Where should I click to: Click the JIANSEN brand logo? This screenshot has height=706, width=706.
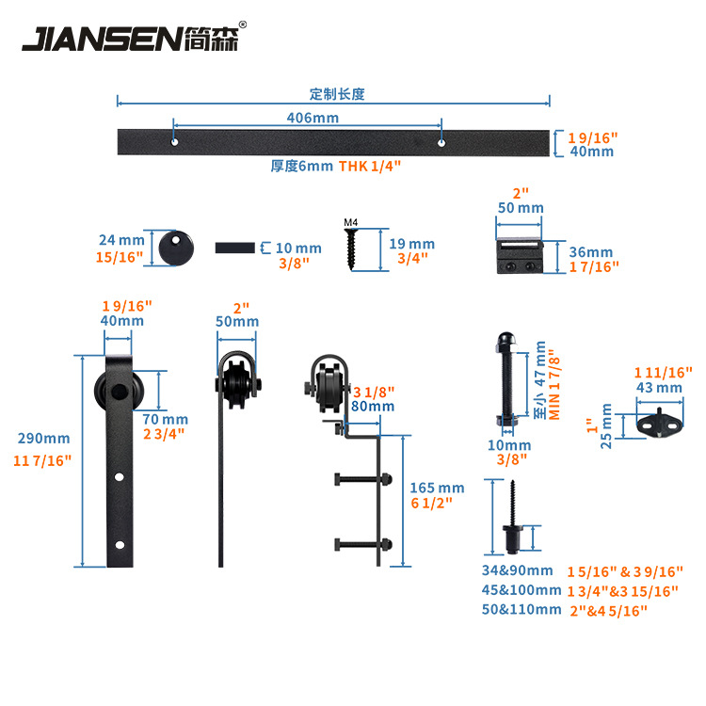134,37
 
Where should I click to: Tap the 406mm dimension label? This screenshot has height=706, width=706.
313,118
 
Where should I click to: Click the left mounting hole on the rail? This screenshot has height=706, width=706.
175,142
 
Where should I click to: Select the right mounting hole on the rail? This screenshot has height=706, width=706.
441,143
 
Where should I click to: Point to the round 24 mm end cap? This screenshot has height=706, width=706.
176,248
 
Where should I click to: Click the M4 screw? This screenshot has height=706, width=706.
351,249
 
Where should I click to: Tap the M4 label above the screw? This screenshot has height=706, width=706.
351,222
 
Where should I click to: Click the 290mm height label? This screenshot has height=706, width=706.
43,438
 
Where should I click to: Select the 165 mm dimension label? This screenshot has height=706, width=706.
437,488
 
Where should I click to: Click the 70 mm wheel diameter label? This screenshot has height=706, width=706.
166,419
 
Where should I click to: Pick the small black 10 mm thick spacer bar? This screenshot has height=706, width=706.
235,248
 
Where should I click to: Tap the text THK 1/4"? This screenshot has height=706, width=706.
370,166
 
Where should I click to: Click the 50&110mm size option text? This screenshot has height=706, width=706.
521,609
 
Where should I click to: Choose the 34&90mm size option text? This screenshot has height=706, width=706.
518,570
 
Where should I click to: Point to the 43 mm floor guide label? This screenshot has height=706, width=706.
659,388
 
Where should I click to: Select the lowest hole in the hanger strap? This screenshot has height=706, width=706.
120,545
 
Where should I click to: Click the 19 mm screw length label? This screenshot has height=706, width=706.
411,244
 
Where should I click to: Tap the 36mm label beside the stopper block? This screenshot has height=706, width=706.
591,252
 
